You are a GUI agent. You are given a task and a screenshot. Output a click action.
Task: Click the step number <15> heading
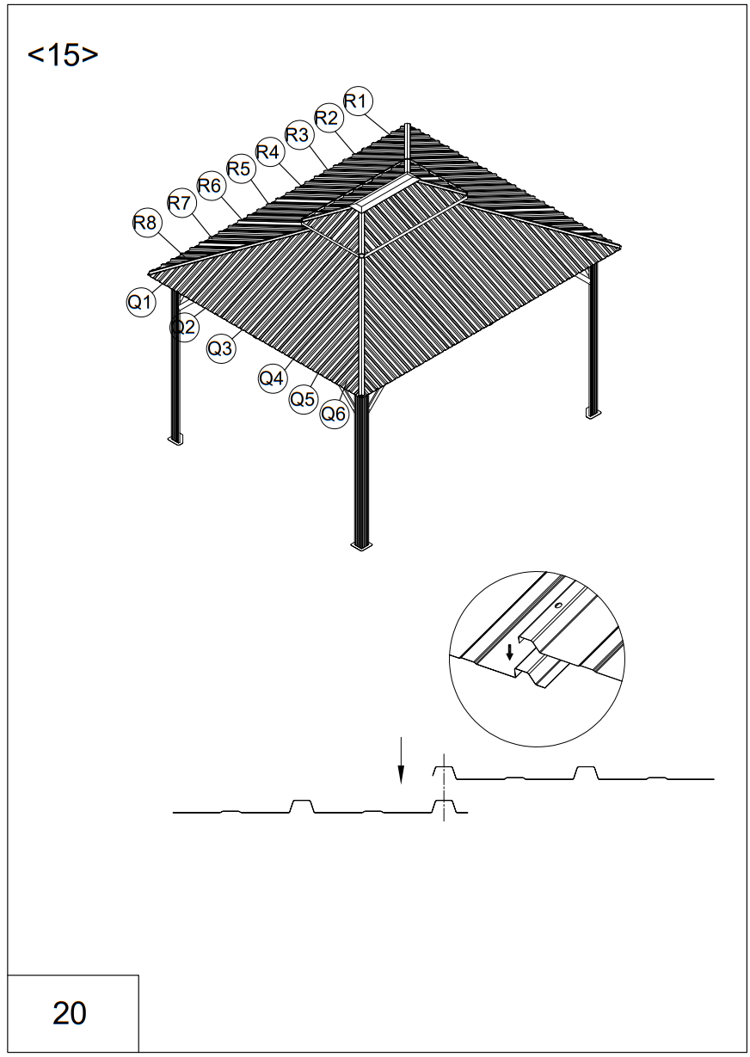pos(63,55)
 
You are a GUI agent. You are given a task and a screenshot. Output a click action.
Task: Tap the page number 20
pos(70,1013)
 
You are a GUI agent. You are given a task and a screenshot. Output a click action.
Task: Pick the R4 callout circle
pos(269,152)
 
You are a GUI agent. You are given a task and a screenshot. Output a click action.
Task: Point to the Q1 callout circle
pos(140,302)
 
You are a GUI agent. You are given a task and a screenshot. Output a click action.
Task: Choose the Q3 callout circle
pos(220,349)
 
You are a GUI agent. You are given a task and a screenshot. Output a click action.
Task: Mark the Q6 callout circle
pos(334,415)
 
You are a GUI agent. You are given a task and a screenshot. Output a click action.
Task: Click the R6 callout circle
pos(210,185)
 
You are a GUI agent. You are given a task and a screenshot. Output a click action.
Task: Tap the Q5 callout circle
pos(303,399)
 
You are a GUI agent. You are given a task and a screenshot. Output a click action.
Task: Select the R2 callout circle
pos(326,118)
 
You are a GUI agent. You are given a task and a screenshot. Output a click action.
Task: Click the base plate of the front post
pos(361,544)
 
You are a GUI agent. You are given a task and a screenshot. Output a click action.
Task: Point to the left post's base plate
pos(175,439)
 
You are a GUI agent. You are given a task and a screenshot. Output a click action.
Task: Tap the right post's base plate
pos(592,413)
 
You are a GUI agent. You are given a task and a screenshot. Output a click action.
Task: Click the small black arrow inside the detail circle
pos(509,651)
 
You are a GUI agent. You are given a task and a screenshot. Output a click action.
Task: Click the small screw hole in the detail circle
pos(557,605)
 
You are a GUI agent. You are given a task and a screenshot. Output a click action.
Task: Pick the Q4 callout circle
pos(272,378)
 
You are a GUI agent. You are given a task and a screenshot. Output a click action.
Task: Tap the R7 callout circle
pos(179,204)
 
